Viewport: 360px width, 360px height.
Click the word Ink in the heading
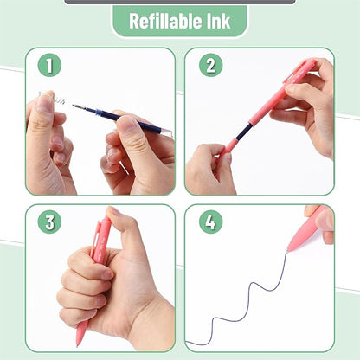coord(217,22)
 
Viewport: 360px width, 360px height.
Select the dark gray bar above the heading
coord(179,2)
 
